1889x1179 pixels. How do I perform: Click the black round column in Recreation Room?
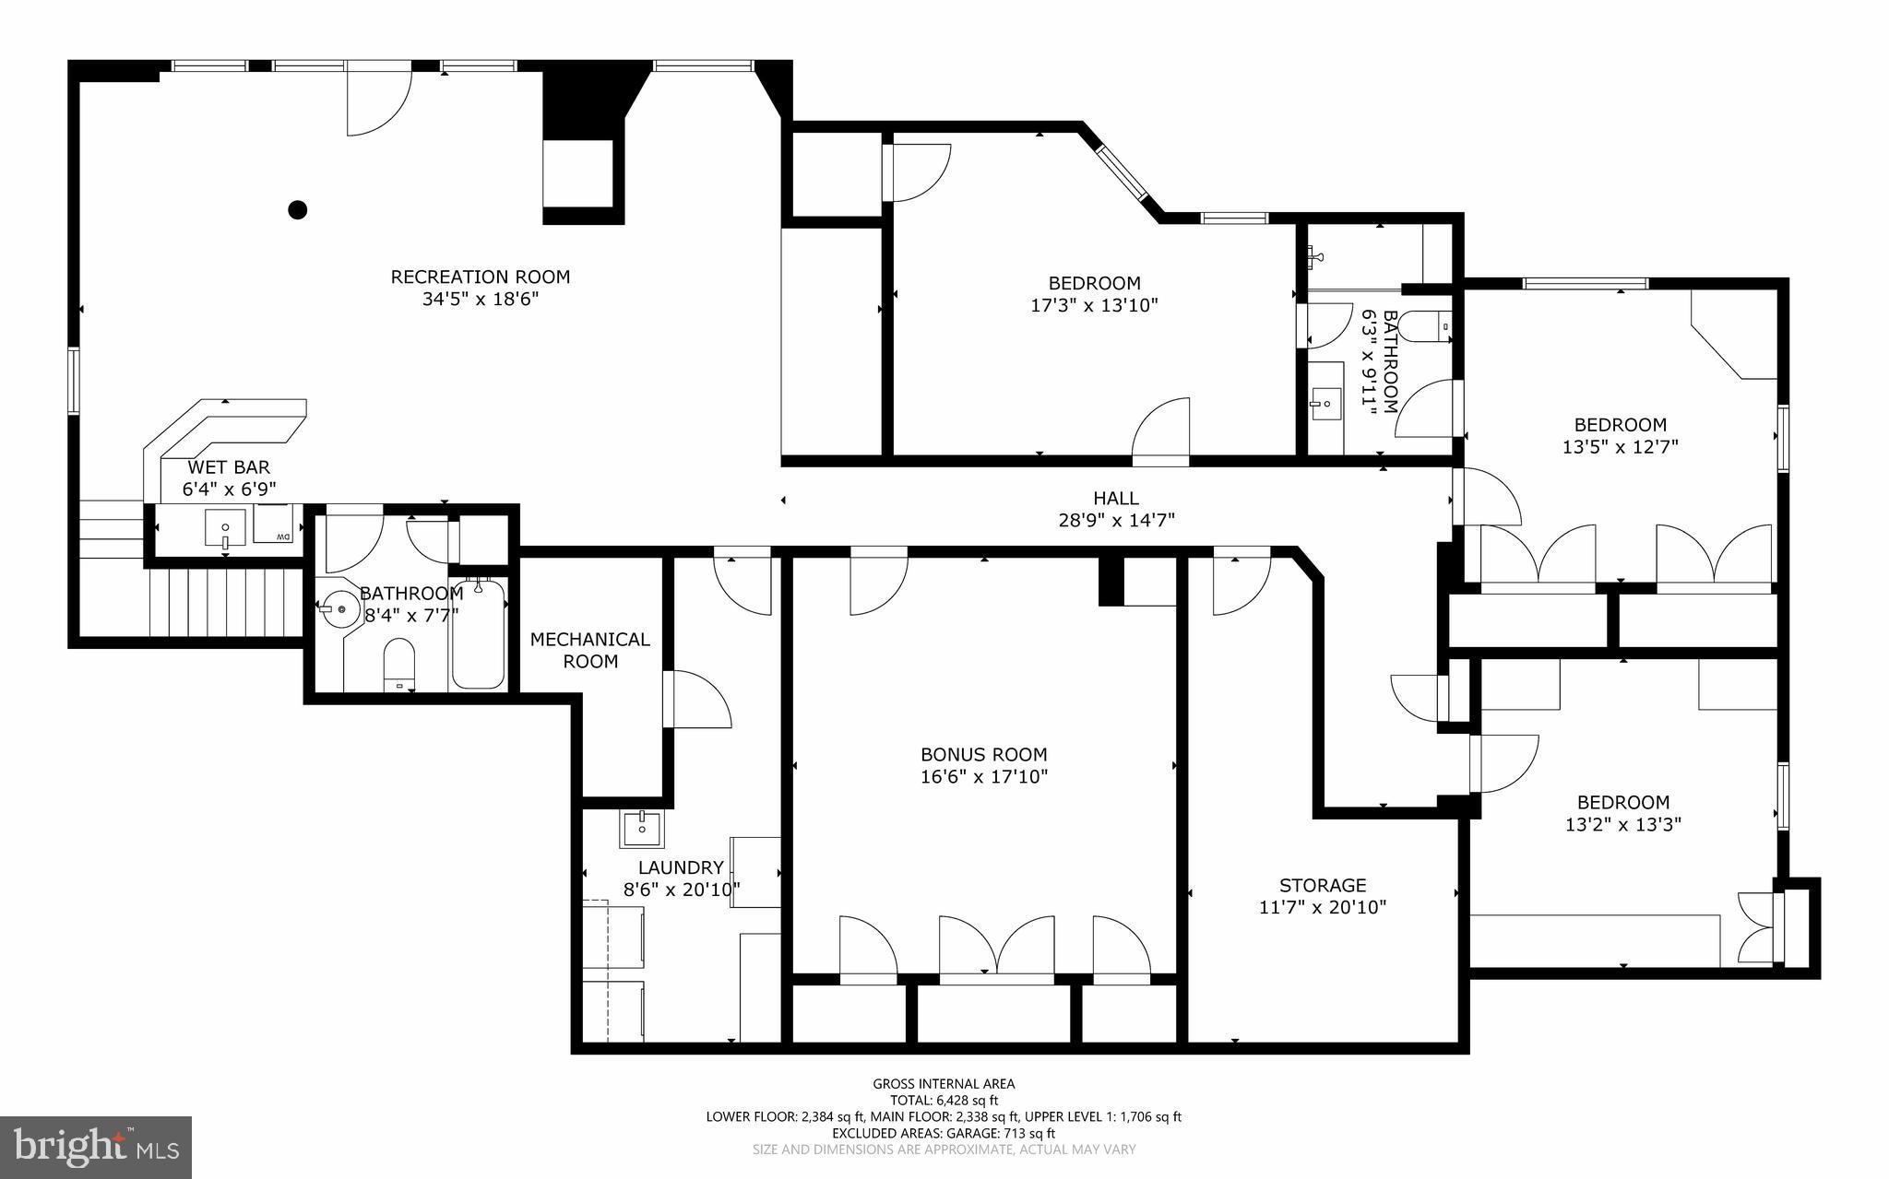tap(297, 210)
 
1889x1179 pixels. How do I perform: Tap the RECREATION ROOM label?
tap(480, 277)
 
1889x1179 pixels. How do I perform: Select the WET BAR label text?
tap(229, 468)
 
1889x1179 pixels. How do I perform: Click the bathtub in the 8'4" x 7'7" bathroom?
tap(478, 634)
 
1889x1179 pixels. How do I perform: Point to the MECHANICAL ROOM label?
tap(590, 650)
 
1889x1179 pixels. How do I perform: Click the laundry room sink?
tap(641, 829)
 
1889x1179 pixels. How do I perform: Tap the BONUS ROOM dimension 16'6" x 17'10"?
tap(984, 777)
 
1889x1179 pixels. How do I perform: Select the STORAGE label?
tap(1323, 885)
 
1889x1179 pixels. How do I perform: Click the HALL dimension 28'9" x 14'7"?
tap(1116, 521)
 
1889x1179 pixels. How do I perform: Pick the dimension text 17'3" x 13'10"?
tap(1094, 305)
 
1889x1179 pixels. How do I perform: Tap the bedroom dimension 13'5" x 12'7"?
tap(1620, 447)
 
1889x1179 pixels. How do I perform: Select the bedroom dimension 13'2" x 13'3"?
tap(1622, 825)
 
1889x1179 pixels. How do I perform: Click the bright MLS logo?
tap(96, 1146)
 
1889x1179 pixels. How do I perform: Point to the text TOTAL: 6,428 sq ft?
tap(944, 1100)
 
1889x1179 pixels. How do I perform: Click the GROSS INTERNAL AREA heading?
tap(944, 1084)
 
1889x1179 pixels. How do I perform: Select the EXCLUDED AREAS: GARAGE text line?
tap(944, 1133)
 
